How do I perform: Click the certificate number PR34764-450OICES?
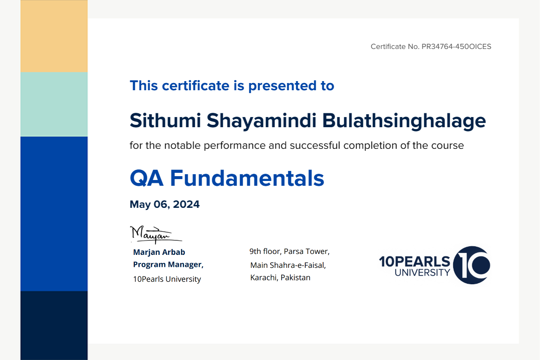click(x=456, y=47)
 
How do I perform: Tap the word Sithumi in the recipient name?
click(x=165, y=120)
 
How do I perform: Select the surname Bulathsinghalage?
click(x=404, y=121)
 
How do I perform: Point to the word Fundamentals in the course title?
click(x=247, y=178)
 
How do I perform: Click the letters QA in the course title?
click(x=146, y=179)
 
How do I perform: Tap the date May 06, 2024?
click(x=165, y=204)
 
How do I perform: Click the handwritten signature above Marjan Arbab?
click(x=156, y=234)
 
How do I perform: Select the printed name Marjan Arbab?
click(x=159, y=252)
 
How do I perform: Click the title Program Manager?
click(x=168, y=264)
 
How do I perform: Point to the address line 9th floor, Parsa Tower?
click(x=289, y=252)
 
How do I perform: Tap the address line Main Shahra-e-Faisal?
click(x=288, y=265)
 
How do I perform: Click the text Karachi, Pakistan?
click(x=280, y=277)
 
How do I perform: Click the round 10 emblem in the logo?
click(x=471, y=265)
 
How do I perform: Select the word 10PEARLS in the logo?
click(x=415, y=262)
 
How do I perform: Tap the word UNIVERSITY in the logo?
click(x=422, y=273)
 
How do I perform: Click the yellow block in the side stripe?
click(x=54, y=36)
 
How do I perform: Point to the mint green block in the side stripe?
click(x=54, y=104)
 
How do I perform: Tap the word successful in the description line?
click(x=315, y=145)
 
